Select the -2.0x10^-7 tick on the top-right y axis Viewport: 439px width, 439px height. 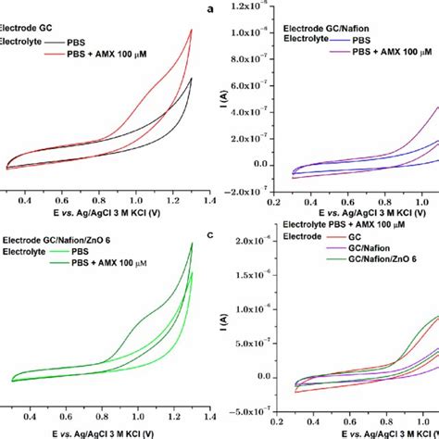point(237,191)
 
